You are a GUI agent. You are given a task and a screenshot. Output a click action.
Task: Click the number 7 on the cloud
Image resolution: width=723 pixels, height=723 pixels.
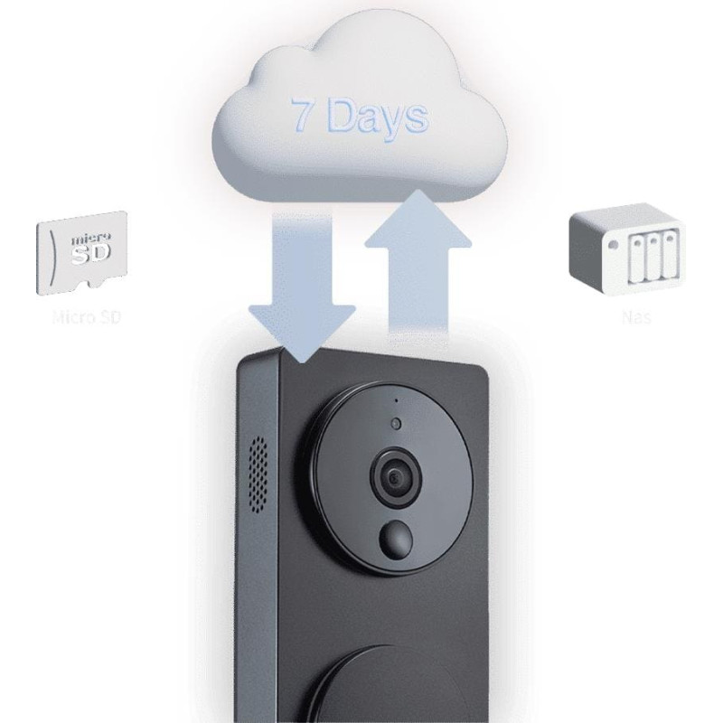coord(303,115)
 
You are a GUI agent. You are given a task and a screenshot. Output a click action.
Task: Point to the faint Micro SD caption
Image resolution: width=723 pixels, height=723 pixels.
coord(87,318)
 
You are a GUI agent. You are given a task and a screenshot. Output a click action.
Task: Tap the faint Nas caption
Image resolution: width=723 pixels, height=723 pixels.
coord(636,318)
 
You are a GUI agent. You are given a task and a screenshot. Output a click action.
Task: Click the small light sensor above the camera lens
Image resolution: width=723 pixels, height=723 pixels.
coord(395,424)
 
